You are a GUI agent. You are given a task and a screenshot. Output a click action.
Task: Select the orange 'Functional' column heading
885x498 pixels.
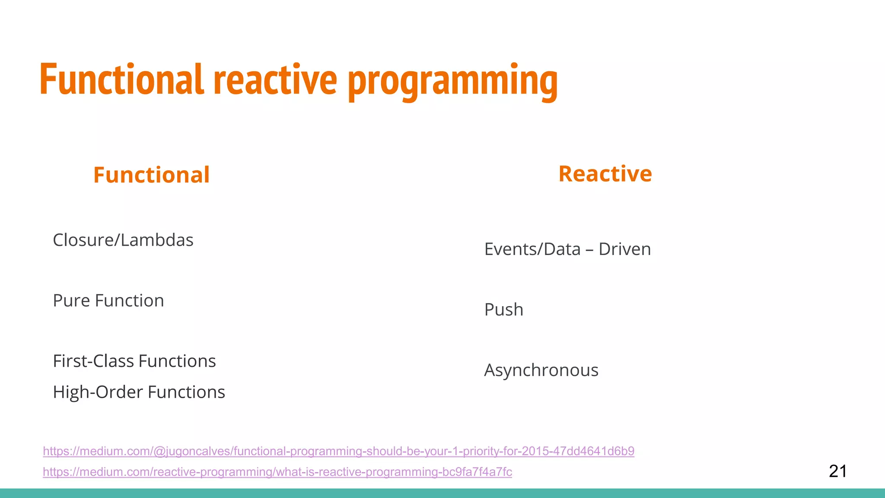[x=151, y=175]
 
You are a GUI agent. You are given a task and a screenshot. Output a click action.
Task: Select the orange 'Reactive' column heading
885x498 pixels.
[x=605, y=174]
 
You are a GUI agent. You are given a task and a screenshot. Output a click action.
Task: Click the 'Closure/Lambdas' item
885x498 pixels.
[x=123, y=240]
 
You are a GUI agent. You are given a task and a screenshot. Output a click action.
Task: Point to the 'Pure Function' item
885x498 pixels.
[x=108, y=301]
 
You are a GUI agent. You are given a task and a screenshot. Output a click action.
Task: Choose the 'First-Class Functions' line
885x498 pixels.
[x=134, y=361]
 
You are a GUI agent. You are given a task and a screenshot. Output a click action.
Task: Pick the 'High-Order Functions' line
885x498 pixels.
[x=138, y=393]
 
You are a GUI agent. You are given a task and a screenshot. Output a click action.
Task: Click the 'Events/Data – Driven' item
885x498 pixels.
[x=567, y=249]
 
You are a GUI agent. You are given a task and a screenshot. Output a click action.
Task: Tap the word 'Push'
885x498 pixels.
[x=503, y=310]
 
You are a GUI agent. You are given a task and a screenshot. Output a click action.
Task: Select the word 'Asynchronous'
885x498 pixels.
[x=541, y=370]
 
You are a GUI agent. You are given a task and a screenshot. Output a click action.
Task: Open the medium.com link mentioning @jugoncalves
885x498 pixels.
[x=338, y=451]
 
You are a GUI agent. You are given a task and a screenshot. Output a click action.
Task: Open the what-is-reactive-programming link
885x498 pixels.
[x=277, y=472]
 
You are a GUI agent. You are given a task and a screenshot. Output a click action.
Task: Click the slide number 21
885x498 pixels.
[x=837, y=471]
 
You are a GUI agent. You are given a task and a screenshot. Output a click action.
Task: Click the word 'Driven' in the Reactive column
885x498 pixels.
[x=624, y=249]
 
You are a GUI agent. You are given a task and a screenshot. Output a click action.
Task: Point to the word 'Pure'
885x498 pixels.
[x=71, y=301]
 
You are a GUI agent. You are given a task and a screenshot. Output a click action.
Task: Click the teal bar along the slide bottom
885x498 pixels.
[x=442, y=493]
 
